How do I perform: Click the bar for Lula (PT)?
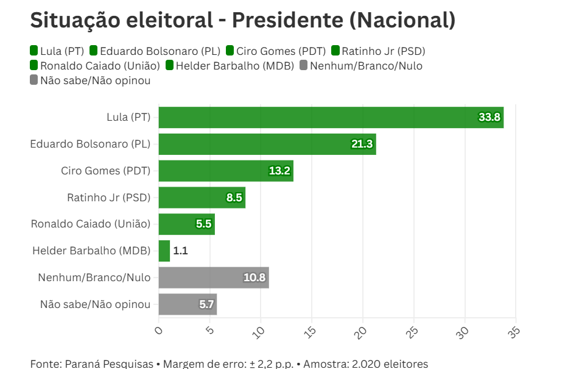click(331, 117)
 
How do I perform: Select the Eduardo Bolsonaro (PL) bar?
click(267, 144)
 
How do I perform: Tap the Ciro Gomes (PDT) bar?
click(225, 171)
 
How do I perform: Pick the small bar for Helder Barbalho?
click(164, 251)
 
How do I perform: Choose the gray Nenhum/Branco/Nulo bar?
click(213, 278)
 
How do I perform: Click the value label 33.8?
click(489, 117)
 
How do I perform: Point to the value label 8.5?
click(234, 198)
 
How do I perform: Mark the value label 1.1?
click(180, 251)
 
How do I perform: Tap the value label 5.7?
click(206, 304)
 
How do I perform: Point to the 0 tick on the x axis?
click(159, 330)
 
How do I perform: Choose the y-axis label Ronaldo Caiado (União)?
click(91, 224)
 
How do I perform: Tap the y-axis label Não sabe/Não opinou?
click(95, 304)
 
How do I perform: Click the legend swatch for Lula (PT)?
click(34, 51)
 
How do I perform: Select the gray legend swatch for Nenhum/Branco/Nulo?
click(304, 65)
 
